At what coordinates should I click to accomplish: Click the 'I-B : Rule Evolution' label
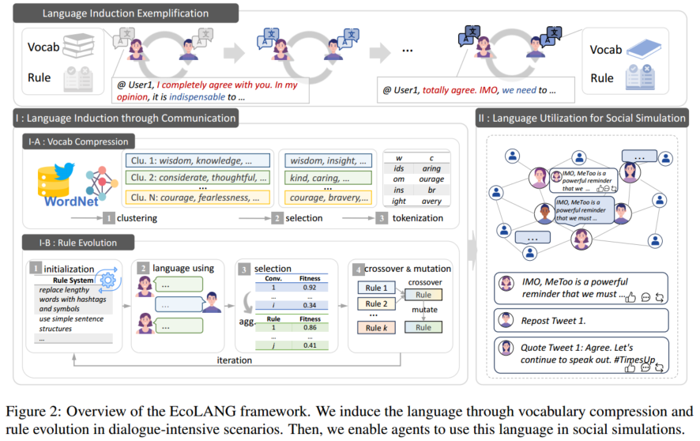(71, 242)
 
